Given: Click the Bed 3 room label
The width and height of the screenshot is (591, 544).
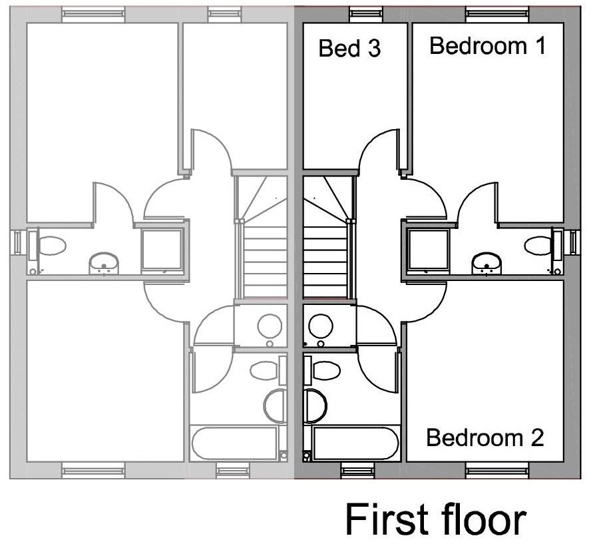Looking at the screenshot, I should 350,49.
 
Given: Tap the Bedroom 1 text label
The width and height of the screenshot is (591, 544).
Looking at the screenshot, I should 487,46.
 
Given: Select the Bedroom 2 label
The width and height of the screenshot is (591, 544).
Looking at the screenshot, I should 485,438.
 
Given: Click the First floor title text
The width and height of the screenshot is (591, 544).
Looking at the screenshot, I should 435,519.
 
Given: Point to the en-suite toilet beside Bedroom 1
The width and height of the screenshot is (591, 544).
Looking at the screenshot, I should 539,245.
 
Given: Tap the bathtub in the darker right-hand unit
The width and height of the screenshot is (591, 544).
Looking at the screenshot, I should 355,443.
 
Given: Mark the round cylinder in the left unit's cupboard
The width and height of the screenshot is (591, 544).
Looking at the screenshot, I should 270,326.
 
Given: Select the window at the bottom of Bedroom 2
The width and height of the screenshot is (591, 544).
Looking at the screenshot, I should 497,471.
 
